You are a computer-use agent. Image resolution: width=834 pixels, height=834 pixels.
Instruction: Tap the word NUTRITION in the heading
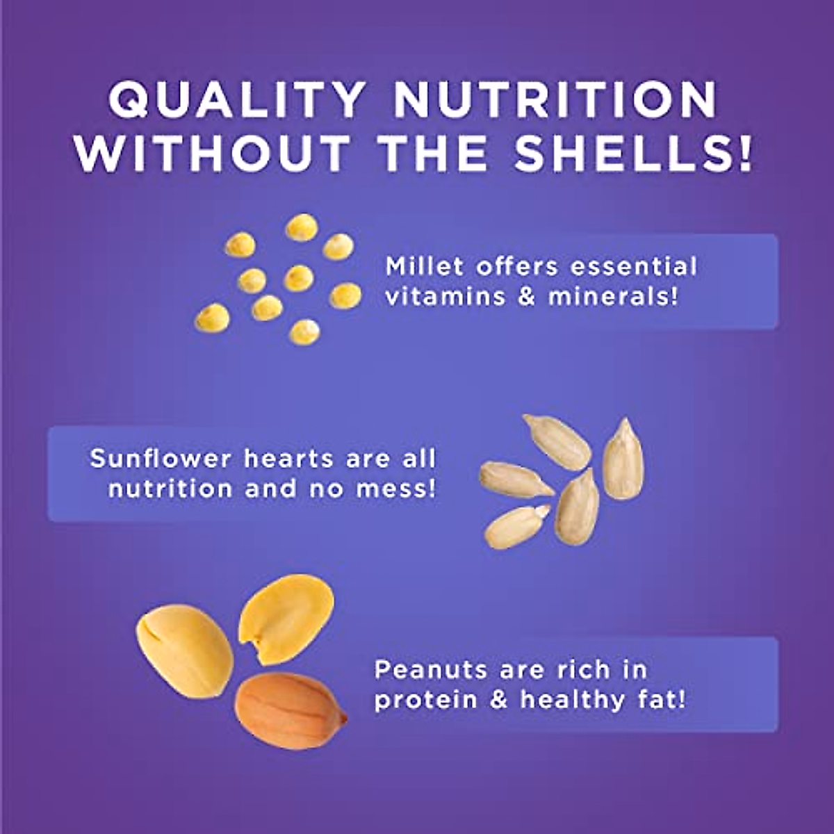tap(555, 99)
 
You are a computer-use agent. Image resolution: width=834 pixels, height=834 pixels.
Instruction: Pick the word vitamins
tap(445, 297)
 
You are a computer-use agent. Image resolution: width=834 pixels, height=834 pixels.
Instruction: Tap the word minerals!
tap(612, 297)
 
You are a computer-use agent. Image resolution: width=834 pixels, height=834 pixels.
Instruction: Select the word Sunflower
tap(161, 458)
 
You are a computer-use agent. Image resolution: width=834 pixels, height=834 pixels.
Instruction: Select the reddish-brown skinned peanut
tap(290, 711)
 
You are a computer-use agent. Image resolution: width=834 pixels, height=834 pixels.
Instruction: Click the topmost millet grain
tap(302, 227)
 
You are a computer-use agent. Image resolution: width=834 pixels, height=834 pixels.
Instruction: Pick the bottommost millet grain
tap(304, 332)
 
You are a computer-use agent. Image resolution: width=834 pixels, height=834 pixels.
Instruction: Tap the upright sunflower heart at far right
tap(623, 458)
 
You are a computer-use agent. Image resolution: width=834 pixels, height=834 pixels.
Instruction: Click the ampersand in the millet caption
tap(526, 297)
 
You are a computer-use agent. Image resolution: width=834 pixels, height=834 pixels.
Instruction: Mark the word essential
tap(634, 266)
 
